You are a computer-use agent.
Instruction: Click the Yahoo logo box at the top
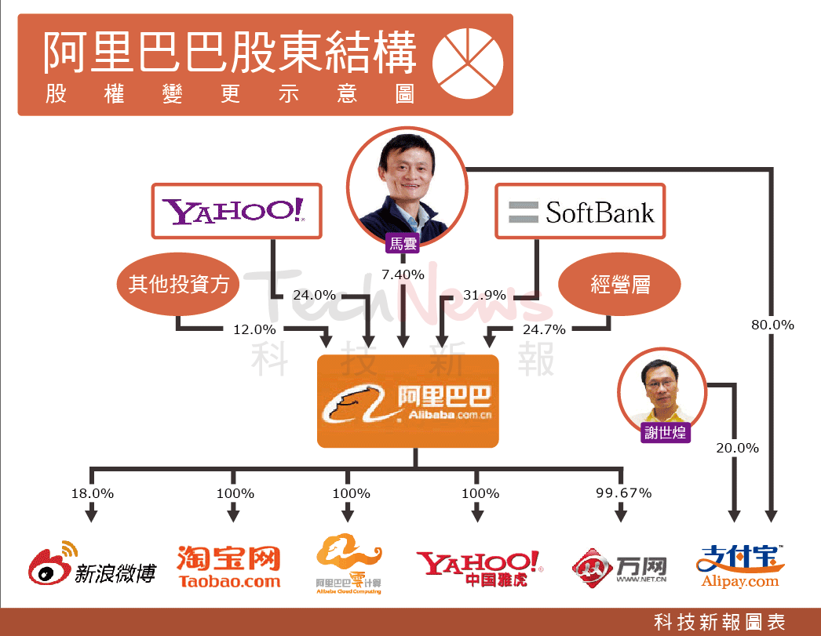coord(236,211)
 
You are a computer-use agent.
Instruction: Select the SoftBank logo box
coord(580,211)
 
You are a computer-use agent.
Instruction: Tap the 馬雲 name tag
coord(403,244)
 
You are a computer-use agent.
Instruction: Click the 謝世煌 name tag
coord(664,432)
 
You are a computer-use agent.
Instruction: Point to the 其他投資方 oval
coord(179,284)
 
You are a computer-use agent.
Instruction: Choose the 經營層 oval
coord(619,284)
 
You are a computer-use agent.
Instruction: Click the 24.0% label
coord(314,296)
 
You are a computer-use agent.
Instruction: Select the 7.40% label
coord(403,274)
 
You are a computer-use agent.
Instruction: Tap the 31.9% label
coord(484,296)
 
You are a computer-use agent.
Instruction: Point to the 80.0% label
coord(772,325)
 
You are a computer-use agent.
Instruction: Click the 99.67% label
coord(623,493)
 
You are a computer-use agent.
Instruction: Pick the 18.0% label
coord(92,493)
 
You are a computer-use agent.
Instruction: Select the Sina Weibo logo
coord(92,566)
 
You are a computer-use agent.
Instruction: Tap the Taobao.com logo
coord(228,566)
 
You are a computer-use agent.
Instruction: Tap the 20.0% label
coord(737,448)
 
